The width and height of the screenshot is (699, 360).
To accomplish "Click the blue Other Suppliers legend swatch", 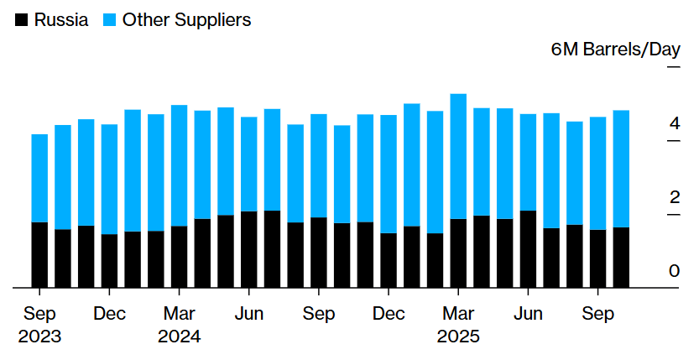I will click(x=111, y=20).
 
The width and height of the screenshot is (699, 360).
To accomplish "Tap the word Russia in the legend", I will click(x=61, y=20).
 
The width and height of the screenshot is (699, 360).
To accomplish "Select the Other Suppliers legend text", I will click(x=186, y=20).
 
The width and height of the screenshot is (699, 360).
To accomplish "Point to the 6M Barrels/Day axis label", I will click(x=615, y=50).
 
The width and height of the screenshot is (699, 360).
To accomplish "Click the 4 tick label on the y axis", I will click(x=674, y=124).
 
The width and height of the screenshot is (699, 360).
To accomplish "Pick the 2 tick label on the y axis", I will click(x=674, y=198).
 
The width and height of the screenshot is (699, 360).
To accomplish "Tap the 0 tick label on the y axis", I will click(x=674, y=271).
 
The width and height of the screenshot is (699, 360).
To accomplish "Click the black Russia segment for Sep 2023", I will click(x=39, y=255).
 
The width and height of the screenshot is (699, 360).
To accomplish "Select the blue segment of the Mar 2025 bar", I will click(x=458, y=156).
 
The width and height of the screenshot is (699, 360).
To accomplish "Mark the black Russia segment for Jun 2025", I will click(x=528, y=249).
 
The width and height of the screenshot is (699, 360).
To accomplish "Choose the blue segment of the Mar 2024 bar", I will click(x=179, y=165).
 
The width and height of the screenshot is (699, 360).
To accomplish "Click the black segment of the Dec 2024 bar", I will click(x=389, y=260).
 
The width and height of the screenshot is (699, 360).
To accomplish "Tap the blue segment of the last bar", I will click(x=621, y=169).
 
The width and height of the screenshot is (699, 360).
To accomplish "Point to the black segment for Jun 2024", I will click(x=249, y=249).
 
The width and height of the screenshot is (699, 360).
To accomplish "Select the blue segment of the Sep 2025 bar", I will click(x=597, y=173).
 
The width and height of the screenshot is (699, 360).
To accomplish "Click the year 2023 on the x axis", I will click(x=39, y=337).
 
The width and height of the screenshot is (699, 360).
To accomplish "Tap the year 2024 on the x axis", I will click(x=179, y=337).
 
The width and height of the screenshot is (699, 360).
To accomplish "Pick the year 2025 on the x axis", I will click(x=458, y=337).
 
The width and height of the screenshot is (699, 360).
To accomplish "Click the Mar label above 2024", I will click(x=179, y=315).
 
